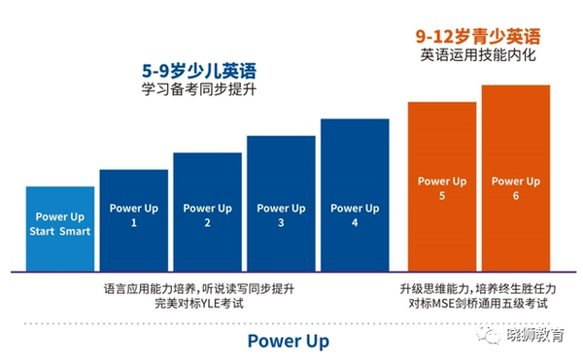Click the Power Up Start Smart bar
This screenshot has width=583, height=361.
coord(61,228)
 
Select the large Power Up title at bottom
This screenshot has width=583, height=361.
coord(288,341)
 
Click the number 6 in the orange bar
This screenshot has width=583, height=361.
coord(515,196)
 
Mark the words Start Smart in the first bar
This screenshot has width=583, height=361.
coord(61,232)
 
